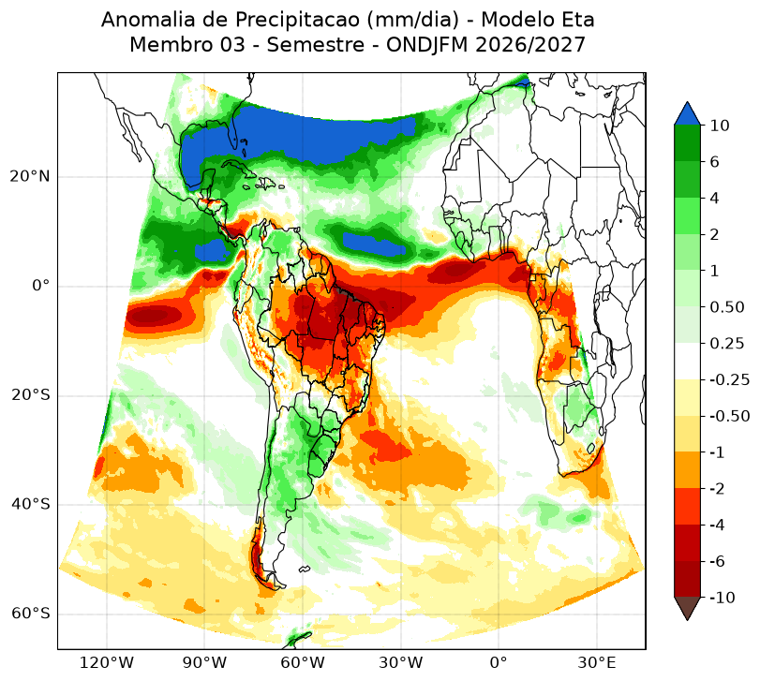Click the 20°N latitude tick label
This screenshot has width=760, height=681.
tap(30, 176)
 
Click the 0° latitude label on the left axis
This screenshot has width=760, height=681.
tap(40, 286)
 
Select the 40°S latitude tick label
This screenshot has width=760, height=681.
tap(30, 504)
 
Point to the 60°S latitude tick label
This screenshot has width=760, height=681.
tap(30, 614)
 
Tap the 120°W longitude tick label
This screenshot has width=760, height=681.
tap(106, 662)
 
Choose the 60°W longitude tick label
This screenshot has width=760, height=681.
tap(303, 662)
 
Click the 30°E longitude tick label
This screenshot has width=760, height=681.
tap(597, 662)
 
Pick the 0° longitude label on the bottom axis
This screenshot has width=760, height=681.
tap(499, 662)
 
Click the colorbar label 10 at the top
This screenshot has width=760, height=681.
tap(720, 126)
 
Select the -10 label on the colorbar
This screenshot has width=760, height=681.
tap(723, 598)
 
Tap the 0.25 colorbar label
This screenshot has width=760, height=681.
tap(726, 344)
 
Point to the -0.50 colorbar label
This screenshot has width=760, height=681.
tap(729, 416)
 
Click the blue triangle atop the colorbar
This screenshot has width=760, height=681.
tap(687, 115)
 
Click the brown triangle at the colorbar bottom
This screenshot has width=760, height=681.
tap(687, 607)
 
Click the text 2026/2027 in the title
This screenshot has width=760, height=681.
tap(530, 45)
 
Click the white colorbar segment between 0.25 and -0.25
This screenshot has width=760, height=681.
tap(687, 362)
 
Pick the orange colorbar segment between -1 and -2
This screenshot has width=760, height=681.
tap(687, 470)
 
